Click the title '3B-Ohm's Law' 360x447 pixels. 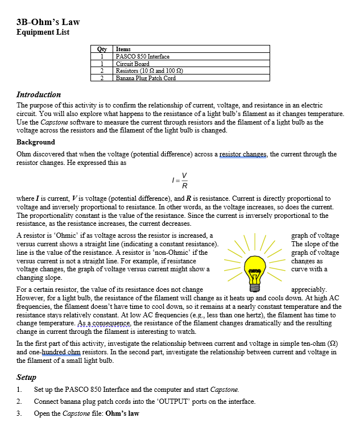coord(48,22)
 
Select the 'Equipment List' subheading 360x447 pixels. coord(43,32)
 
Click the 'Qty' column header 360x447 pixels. coord(102,49)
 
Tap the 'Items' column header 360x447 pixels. coord(123,49)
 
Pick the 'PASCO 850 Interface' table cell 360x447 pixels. coord(142,56)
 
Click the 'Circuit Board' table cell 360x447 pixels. coord(133,64)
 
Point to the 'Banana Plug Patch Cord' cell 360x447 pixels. coord(146,78)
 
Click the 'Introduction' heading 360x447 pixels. coord(39,94)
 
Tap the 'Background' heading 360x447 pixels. coord(36,142)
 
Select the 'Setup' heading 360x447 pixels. coord(26,377)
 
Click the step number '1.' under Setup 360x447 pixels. coord(20,390)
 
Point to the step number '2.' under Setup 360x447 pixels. coord(20,402)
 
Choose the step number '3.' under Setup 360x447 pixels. coord(20,413)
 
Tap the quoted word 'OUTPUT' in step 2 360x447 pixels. coord(177,402)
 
